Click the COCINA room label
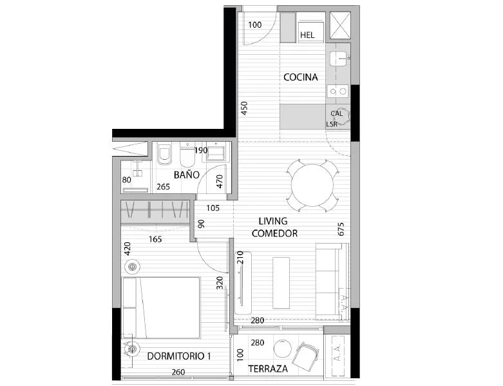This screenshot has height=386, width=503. click(x=301, y=77)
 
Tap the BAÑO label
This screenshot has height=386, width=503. click(x=187, y=175)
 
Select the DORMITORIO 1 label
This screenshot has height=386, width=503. click(x=179, y=356)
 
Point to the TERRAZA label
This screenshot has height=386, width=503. click(x=268, y=369)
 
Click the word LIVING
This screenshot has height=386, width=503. click(x=273, y=221)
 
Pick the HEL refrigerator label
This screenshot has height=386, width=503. click(x=307, y=35)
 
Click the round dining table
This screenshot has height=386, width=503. click(x=312, y=186)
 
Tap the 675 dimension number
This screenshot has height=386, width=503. click(x=341, y=229)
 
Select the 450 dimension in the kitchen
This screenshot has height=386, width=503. click(x=244, y=108)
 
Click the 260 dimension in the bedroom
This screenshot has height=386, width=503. click(x=178, y=372)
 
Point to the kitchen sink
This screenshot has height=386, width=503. click(x=338, y=59)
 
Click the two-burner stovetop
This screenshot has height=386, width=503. click(x=337, y=92)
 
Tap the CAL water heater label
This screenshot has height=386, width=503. click(x=336, y=113)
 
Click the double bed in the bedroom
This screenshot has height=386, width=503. click(x=162, y=308)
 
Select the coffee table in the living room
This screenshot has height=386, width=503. click(x=281, y=283)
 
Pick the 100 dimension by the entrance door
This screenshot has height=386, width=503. click(x=255, y=24)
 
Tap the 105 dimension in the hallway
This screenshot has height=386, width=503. click(x=213, y=208)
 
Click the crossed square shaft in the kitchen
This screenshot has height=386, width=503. click(x=340, y=26)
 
